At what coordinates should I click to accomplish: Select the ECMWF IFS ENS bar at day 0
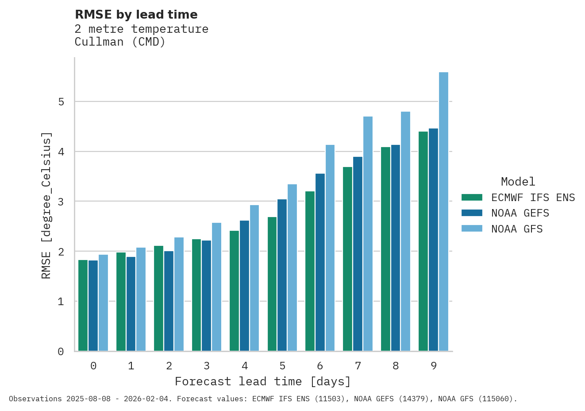click(83, 306)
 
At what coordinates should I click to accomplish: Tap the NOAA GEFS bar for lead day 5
click(282, 275)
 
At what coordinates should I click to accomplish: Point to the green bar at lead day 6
click(310, 271)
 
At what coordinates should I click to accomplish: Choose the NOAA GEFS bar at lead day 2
click(169, 301)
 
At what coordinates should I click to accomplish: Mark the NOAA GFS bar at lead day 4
click(254, 278)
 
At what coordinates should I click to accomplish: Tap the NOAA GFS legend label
click(517, 229)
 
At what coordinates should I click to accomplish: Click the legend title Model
click(518, 182)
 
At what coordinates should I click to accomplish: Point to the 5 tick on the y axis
click(61, 102)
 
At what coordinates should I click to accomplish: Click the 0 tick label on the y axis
click(61, 352)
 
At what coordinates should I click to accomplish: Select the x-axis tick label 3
click(207, 366)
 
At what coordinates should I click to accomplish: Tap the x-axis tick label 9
click(434, 366)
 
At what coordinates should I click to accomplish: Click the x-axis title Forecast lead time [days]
click(263, 382)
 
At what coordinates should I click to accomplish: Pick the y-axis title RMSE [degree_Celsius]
click(46, 205)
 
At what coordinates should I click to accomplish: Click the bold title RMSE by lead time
click(136, 15)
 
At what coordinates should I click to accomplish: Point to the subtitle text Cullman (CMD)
click(120, 43)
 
